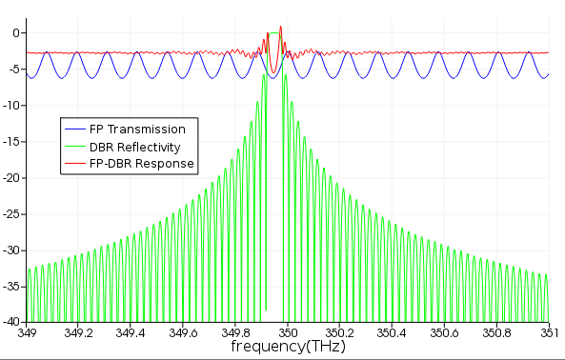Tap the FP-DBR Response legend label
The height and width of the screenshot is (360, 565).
tap(142, 164)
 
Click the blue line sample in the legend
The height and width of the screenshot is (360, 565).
tap(75, 129)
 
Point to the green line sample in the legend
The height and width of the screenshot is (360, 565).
tap(75, 147)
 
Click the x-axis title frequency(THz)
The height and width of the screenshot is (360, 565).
tap(288, 347)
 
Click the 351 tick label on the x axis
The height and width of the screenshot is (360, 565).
tap(549, 332)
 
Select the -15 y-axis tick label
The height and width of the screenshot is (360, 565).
tap(11, 142)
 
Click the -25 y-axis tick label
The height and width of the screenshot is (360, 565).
tap(11, 214)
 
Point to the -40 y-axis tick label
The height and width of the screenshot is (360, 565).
tap(11, 322)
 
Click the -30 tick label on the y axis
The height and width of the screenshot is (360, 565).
tap(11, 250)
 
